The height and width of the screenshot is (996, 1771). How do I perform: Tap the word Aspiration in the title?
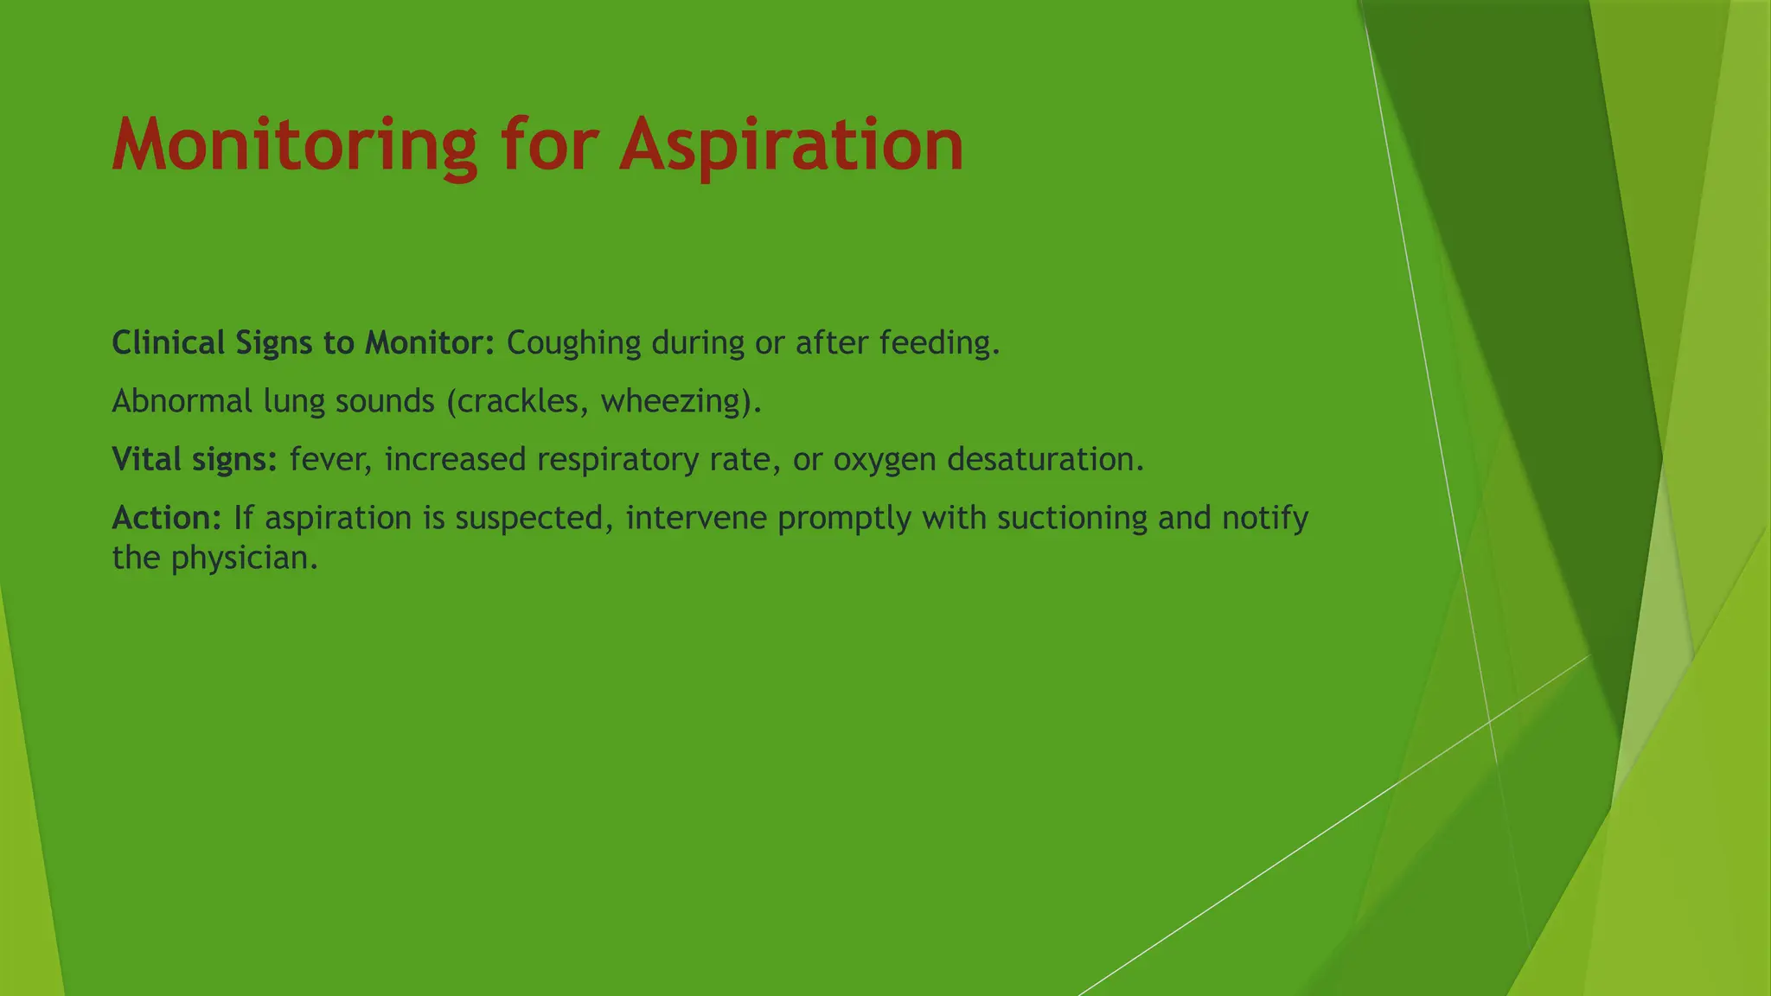tap(790, 145)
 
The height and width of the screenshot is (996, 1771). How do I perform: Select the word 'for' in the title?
tap(548, 145)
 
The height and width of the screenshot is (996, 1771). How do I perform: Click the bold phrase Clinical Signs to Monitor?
tap(303, 343)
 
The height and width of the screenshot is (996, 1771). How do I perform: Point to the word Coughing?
tap(573, 343)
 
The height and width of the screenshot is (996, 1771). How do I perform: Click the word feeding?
tap(939, 343)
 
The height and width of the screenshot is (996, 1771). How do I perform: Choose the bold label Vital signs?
tap(195, 459)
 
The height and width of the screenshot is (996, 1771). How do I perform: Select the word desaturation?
tap(1045, 459)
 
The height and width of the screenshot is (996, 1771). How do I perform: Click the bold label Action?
tap(168, 518)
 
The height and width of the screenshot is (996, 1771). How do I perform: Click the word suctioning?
tap(1071, 518)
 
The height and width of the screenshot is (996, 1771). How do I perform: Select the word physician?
tap(244, 559)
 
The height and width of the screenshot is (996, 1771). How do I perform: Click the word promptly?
tap(844, 518)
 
